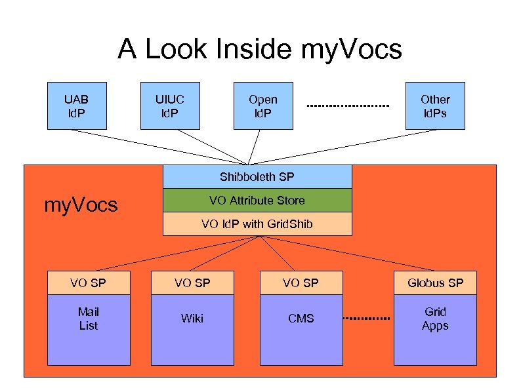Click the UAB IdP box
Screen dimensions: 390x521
pos(76,106)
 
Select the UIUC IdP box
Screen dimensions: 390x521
pos(170,106)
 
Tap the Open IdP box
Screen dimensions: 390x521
pos(263,106)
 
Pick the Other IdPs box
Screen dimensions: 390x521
pos(435,106)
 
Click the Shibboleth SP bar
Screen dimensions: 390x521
pos(257,177)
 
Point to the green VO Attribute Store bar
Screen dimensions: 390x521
pos(257,200)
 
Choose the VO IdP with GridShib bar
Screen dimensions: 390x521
pos(257,224)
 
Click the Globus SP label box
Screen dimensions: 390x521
pos(435,283)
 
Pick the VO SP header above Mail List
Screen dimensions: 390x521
pos(89,283)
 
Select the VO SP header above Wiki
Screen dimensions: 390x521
pos(192,283)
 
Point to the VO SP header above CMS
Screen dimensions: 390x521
pos(301,283)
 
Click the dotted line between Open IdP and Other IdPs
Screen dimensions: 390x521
pos(348,106)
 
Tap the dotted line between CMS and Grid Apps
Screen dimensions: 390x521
pos(367,319)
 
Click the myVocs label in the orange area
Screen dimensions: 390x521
pos(81,205)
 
